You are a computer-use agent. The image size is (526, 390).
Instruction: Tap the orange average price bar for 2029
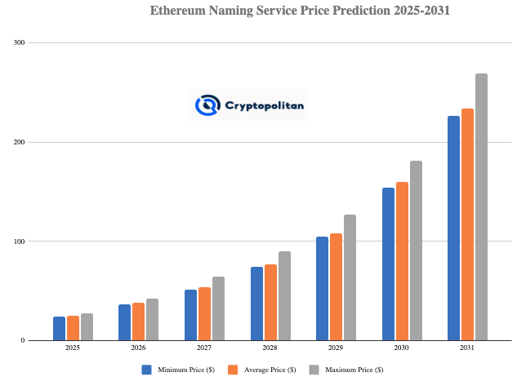336,286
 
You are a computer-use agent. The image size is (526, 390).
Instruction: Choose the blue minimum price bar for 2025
59,328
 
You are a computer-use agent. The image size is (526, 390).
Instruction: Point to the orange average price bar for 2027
204,313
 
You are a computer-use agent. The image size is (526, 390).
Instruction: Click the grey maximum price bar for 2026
152,319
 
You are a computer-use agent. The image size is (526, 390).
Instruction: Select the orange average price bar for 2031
467,224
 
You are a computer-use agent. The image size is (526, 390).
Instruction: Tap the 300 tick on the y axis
19,42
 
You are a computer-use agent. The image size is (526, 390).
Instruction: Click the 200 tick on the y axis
19,142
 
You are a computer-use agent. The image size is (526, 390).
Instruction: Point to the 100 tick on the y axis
19,242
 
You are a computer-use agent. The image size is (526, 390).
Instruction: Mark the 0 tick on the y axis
22,340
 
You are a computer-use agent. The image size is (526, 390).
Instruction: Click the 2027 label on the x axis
204,348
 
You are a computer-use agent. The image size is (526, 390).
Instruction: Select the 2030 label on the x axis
401,348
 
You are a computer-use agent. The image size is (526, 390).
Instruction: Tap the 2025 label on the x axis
73,348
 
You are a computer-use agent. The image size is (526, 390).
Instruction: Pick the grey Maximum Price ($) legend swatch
314,370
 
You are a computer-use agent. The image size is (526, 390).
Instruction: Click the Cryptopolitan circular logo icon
207,105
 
